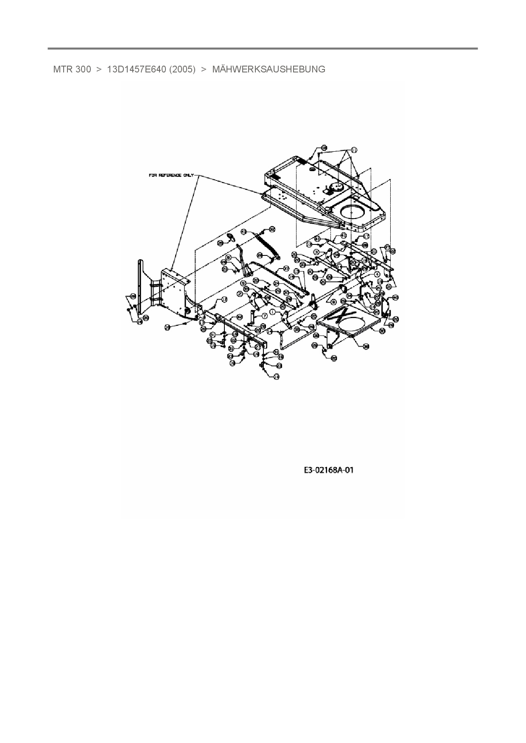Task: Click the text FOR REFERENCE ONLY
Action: pyautogui.click(x=171, y=175)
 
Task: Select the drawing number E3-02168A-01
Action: pyautogui.click(x=329, y=470)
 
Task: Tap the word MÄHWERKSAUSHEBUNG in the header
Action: pyautogui.click(x=269, y=69)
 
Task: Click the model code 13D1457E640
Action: pyautogui.click(x=136, y=69)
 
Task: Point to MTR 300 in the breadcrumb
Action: pyautogui.click(x=72, y=69)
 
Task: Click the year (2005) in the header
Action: pyautogui.click(x=182, y=69)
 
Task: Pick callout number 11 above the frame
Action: pyautogui.click(x=354, y=150)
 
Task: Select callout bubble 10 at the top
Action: pyautogui.click(x=324, y=148)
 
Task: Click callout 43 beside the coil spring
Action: pyautogui.click(x=243, y=232)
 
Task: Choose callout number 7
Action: pyautogui.click(x=264, y=316)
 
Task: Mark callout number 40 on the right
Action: pyautogui.click(x=395, y=298)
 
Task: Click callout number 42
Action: pyautogui.click(x=239, y=317)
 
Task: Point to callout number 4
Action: pyautogui.click(x=377, y=274)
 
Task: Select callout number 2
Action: pyautogui.click(x=240, y=294)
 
